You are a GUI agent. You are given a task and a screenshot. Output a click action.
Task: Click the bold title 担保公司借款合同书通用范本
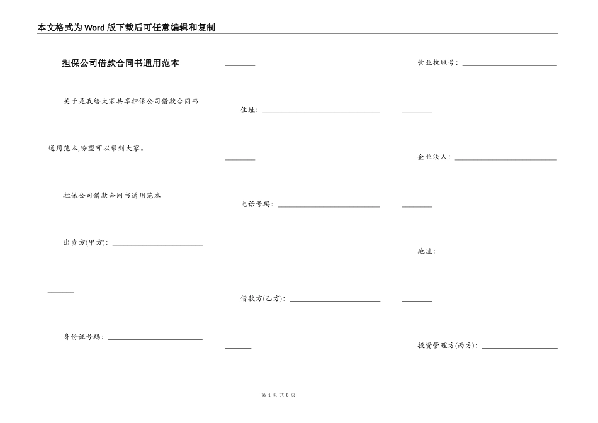(x=120, y=63)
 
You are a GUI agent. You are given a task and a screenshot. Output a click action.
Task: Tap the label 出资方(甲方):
(x=86, y=243)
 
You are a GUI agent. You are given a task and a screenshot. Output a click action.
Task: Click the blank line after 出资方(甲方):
(x=157, y=245)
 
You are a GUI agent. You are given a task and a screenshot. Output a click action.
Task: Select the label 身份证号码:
(x=84, y=337)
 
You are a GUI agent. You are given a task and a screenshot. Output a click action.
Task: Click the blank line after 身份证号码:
(x=155, y=339)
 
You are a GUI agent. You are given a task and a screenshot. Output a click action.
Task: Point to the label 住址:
(x=249, y=110)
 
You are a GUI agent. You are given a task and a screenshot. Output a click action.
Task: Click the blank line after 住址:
(x=321, y=113)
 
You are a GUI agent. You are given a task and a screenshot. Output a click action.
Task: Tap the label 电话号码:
(x=257, y=205)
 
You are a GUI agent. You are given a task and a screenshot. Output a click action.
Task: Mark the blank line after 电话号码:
(x=329, y=206)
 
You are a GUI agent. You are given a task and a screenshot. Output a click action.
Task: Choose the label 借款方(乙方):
(x=262, y=298)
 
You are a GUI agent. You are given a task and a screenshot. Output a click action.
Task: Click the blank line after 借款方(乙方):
(x=335, y=301)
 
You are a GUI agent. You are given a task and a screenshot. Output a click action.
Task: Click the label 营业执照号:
(x=438, y=63)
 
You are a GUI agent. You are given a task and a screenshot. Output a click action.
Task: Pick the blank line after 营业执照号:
(x=510, y=65)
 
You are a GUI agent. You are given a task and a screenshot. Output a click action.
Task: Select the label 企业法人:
(x=434, y=157)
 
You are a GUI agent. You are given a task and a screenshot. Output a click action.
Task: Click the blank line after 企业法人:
(x=506, y=159)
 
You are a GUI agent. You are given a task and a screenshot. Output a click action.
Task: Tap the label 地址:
(x=426, y=252)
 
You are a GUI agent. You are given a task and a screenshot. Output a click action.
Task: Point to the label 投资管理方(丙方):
(x=448, y=346)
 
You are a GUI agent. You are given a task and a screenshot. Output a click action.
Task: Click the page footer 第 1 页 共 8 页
(x=278, y=395)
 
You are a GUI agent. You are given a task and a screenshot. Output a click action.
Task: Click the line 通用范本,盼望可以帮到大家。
(x=96, y=149)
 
